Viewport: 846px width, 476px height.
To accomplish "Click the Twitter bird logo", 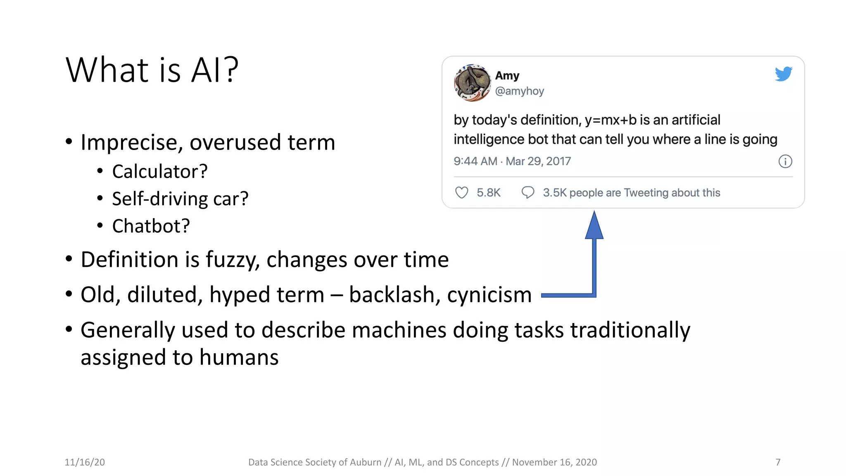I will point(783,74).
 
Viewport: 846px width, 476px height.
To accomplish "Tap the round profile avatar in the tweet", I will point(472,83).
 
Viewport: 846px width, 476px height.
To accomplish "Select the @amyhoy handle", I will point(519,91).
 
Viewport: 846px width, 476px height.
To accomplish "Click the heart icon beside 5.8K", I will point(461,193).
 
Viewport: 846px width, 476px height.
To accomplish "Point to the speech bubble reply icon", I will point(528,193).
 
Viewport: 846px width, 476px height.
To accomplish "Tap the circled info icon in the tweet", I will point(785,162).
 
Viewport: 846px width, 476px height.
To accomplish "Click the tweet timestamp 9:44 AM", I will point(475,161).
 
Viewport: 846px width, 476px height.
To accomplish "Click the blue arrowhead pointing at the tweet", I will point(594,226).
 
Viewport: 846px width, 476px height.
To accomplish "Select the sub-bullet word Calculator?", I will point(159,171).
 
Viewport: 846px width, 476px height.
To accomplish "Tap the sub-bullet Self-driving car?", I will point(180,199).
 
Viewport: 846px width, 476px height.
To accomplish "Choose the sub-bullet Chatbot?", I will point(151,226).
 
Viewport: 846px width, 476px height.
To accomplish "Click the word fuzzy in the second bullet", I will point(233,260).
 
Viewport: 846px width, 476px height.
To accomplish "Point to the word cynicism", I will point(489,295).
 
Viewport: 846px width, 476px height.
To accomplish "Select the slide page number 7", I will point(778,462).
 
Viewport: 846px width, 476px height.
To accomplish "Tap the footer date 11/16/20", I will point(85,462).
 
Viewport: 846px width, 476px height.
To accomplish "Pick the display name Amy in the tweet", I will point(507,76).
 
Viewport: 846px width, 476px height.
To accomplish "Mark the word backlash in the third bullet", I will point(391,295).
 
